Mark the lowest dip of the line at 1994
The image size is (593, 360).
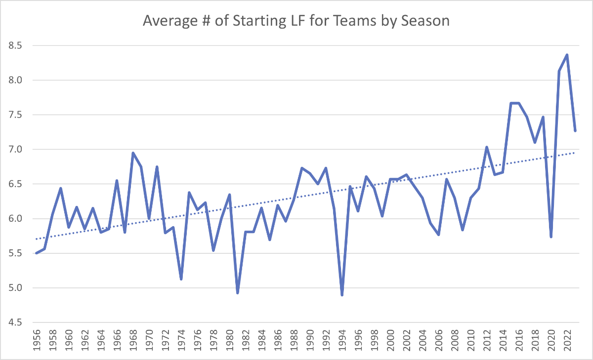point(342,295)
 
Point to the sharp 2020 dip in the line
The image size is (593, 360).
point(551,237)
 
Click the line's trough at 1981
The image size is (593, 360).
point(238,293)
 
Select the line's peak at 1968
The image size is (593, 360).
point(133,153)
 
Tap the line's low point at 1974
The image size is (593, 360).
point(181,279)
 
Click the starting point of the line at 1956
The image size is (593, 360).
point(37,253)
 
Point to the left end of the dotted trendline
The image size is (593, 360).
point(37,239)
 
